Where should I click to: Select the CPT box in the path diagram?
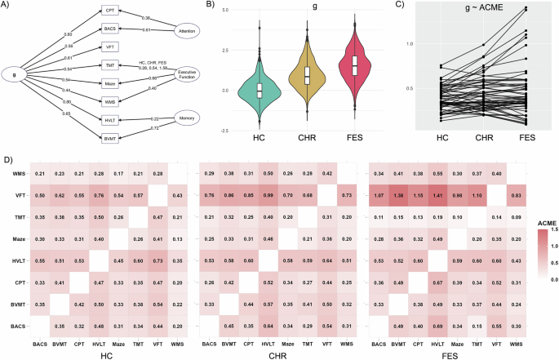point(109,11)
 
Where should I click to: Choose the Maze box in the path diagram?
point(109,83)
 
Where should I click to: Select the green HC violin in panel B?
point(260,88)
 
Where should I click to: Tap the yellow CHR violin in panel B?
point(307,76)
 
